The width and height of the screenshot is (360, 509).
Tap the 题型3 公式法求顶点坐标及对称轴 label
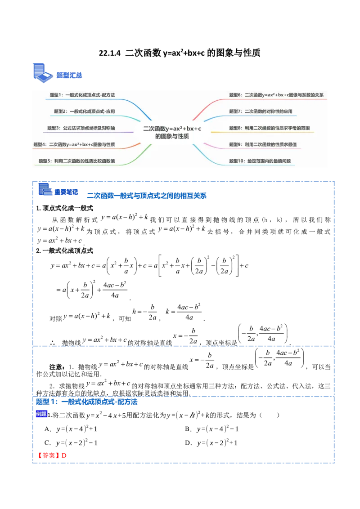click(81, 128)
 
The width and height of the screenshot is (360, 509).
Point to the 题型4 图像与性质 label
click(74, 144)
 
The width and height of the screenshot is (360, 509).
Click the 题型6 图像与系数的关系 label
click(276, 95)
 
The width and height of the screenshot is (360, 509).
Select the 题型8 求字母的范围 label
click(269, 128)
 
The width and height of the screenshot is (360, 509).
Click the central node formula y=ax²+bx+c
click(172, 129)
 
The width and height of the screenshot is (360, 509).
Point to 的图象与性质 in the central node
click(172, 136)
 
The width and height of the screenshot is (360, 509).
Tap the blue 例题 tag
click(41, 414)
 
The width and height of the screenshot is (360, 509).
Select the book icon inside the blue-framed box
click(44, 189)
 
